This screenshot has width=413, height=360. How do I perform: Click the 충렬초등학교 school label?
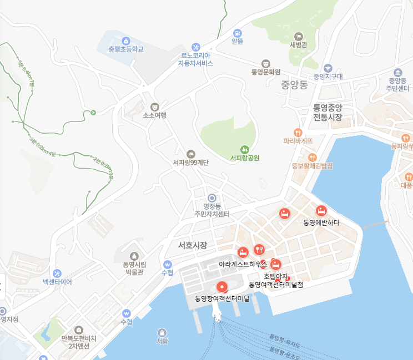point(125,49)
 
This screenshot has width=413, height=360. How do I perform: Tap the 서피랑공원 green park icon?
point(244,149)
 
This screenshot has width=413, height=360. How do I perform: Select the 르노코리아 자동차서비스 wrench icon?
point(195,47)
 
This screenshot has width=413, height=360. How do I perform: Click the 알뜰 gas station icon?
point(238,33)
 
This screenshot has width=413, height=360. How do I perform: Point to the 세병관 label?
point(298,45)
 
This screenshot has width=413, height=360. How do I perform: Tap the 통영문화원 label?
point(265,72)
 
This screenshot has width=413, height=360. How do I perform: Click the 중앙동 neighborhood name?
point(294,85)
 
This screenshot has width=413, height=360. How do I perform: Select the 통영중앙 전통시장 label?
point(328,112)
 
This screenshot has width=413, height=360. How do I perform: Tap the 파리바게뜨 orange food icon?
point(298,132)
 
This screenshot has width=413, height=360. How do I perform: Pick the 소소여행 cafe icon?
point(154,107)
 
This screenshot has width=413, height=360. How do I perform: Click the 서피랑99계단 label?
point(190,163)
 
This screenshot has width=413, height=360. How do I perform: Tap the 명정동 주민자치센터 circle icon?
point(211,198)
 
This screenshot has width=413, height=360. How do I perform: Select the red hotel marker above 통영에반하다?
point(321,211)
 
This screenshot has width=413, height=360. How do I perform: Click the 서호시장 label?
point(193,245)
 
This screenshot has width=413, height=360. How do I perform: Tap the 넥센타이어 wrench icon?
point(57,273)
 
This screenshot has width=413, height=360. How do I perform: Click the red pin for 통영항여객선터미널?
point(222,287)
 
